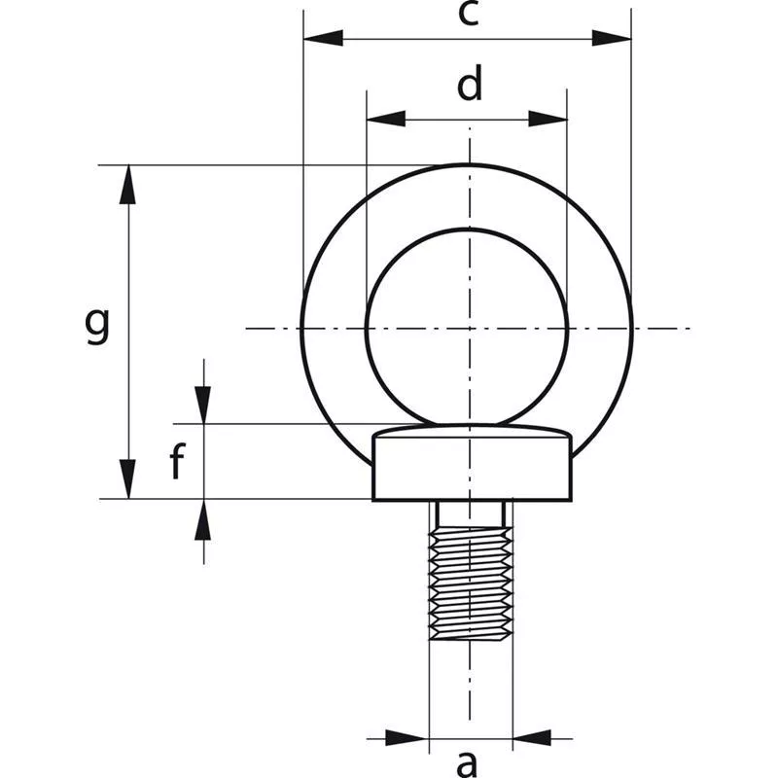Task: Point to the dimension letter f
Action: [176, 464]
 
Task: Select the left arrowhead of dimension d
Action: [385, 119]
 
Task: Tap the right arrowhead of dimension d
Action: [548, 119]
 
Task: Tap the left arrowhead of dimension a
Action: [407, 737]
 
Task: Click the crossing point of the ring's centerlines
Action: [469, 328]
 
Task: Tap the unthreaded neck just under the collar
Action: [471, 513]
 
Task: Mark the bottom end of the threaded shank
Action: [471, 638]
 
